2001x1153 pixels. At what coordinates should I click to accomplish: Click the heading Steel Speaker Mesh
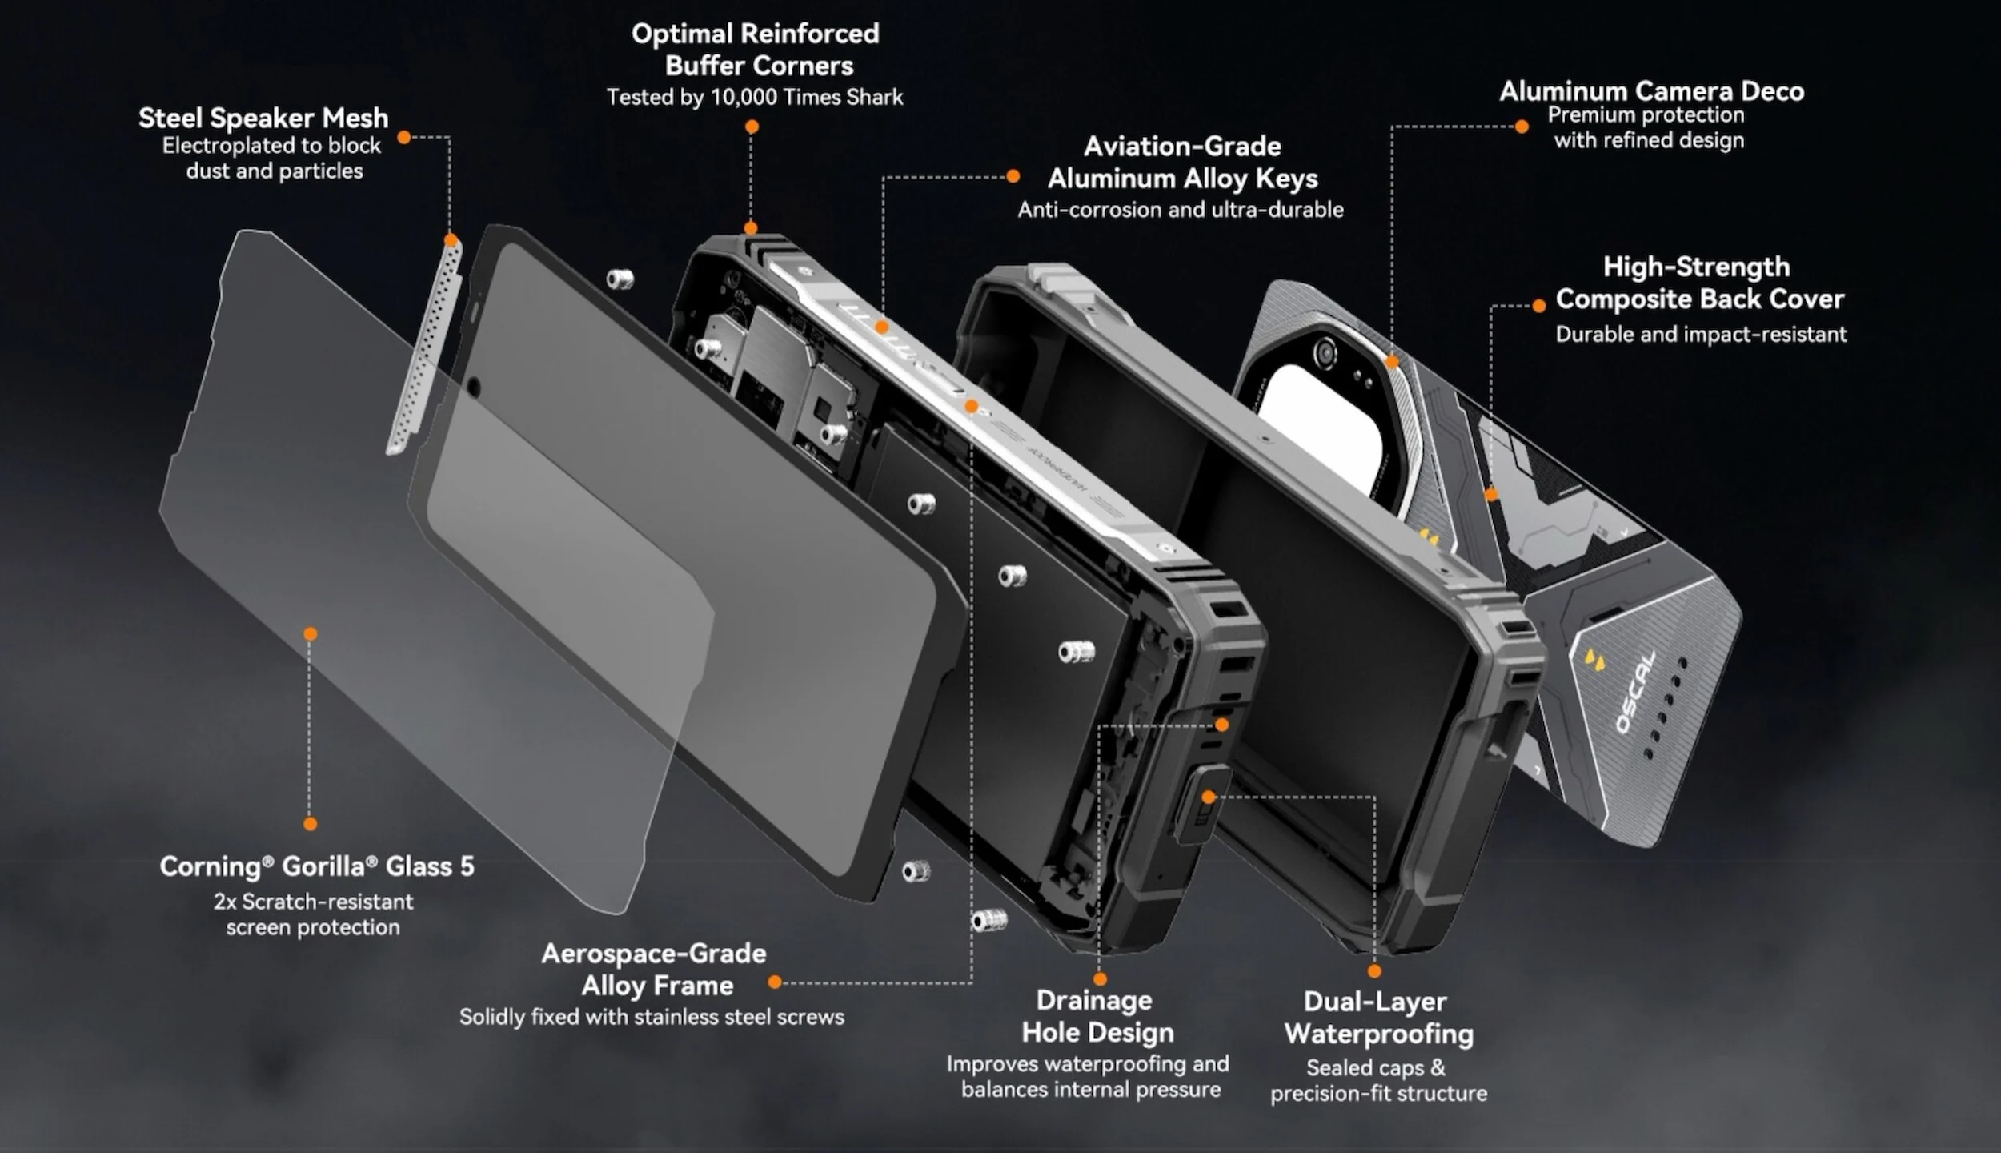coord(263,119)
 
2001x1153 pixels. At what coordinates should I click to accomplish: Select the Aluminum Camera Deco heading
coord(1652,91)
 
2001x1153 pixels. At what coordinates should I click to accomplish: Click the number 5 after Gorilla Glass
coord(467,866)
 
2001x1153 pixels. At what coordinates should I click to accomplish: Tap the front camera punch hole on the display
coord(473,388)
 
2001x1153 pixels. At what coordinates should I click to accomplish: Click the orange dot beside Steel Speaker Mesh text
coord(404,137)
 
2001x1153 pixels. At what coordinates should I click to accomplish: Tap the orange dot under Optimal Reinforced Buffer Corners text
coord(752,127)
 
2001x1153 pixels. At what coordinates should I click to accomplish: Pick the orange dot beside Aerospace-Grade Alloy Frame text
coord(774,982)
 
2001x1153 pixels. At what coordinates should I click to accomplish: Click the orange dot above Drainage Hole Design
coord(1100,978)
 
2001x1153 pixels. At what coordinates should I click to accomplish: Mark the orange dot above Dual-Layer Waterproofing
coord(1374,971)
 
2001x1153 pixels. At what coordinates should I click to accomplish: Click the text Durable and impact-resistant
coord(1701,335)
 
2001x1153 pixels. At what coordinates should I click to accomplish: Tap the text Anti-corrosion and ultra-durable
coord(1181,210)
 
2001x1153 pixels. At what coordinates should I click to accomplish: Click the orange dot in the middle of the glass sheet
coord(311,634)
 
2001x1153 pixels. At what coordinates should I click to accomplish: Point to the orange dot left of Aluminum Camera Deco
coord(1522,127)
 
